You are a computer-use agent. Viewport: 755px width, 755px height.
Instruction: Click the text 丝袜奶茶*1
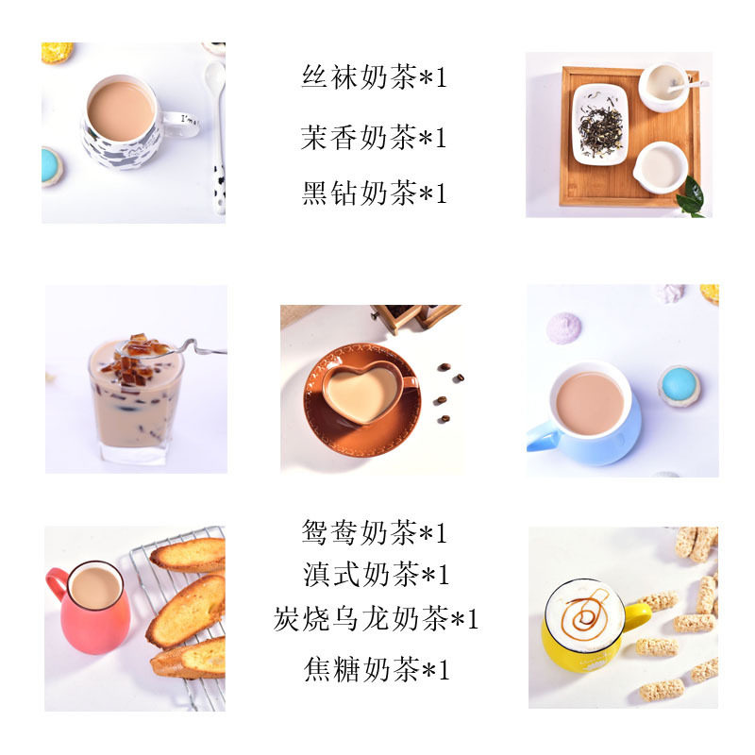coord(374,77)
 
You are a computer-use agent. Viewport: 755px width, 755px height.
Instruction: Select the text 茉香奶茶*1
coord(374,138)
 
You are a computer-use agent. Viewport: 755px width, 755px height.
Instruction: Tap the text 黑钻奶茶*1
coord(374,193)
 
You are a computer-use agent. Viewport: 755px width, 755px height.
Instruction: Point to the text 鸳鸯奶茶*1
coord(374,533)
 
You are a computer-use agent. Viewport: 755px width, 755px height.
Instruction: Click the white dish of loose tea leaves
coord(600,124)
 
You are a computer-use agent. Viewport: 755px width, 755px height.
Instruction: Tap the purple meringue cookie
coord(564,327)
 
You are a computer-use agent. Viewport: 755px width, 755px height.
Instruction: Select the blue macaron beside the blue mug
coord(679,386)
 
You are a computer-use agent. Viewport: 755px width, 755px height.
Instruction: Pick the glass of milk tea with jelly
coord(135,406)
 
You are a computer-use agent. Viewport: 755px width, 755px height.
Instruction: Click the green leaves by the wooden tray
coord(691,197)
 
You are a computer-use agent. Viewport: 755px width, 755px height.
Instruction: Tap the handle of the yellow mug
coord(638,617)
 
